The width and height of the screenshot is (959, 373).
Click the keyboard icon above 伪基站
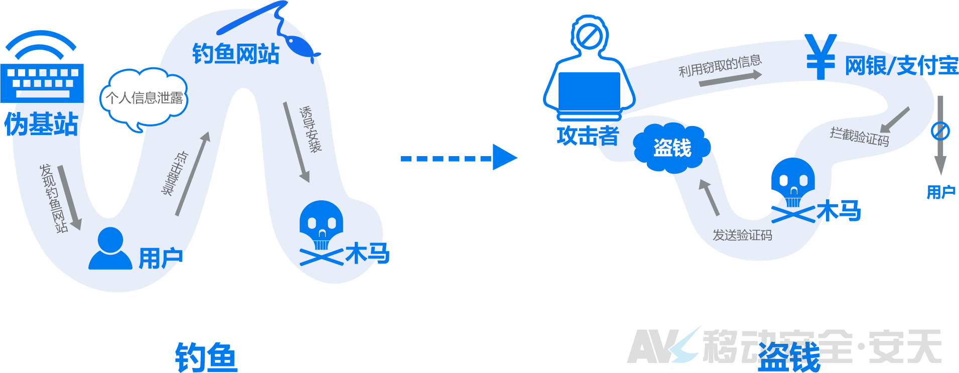(x=42, y=83)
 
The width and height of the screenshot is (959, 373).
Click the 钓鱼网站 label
(x=235, y=54)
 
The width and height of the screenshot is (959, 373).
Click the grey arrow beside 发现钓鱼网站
(x=69, y=197)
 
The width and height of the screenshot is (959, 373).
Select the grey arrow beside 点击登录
(x=193, y=174)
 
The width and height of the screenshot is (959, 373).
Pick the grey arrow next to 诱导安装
(x=297, y=142)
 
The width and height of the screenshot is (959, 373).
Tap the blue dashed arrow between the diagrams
(x=459, y=158)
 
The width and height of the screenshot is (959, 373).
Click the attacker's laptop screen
(x=589, y=91)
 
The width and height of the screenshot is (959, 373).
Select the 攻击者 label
(x=588, y=136)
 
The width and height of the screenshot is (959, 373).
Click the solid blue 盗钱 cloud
(x=672, y=148)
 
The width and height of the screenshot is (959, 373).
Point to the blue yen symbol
(x=820, y=57)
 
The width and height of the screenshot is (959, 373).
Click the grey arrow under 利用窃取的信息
(x=731, y=78)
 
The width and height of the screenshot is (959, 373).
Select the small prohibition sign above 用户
(x=940, y=131)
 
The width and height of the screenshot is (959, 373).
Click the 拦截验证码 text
(x=860, y=137)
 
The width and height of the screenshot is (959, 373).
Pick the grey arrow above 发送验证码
(x=709, y=197)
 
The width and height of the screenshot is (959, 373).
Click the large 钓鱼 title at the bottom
(x=206, y=357)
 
